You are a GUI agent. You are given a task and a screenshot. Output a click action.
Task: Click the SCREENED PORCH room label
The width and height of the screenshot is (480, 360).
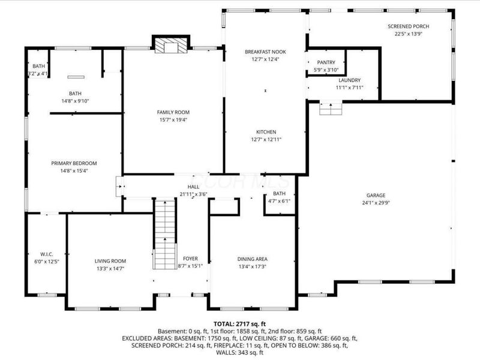click(x=408, y=26)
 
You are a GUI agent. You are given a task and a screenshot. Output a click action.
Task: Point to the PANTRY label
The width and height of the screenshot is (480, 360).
click(x=326, y=62)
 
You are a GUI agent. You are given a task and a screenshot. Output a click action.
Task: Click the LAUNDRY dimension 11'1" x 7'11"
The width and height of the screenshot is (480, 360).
click(x=349, y=88)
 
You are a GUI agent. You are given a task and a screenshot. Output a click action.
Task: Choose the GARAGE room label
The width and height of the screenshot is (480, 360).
click(x=376, y=195)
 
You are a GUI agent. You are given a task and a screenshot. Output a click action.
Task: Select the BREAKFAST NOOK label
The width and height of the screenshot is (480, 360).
click(x=265, y=52)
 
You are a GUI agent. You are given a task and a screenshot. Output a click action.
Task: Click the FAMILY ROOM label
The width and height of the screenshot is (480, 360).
click(x=173, y=112)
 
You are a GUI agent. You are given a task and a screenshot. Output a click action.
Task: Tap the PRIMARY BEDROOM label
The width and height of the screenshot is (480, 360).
click(x=74, y=163)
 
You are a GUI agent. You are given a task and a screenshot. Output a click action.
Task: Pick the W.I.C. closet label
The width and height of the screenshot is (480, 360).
click(x=46, y=253)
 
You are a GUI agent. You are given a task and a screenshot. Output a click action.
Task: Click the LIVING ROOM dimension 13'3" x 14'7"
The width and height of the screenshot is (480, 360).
click(x=110, y=268)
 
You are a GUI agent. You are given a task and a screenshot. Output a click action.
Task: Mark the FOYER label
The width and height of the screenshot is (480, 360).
click(x=191, y=259)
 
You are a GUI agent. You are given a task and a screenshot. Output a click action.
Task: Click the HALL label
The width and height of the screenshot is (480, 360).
click(x=193, y=187)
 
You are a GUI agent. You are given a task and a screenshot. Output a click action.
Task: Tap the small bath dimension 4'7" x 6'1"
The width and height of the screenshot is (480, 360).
click(x=280, y=201)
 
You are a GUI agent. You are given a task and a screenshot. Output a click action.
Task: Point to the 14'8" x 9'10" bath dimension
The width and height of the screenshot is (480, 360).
click(x=75, y=101)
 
